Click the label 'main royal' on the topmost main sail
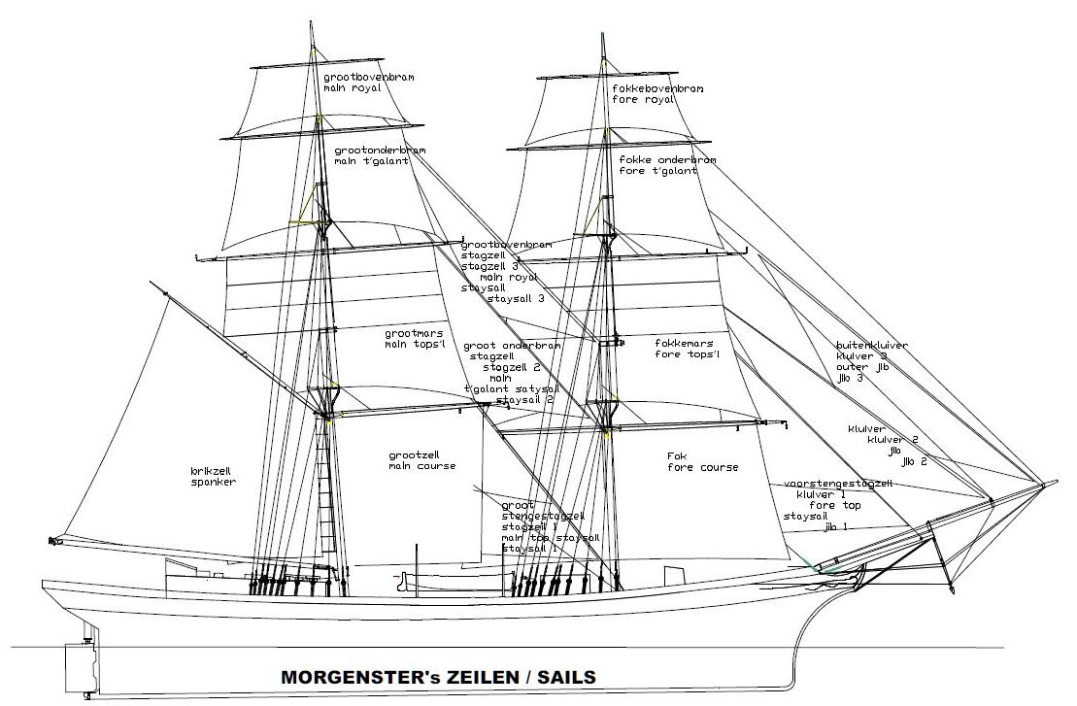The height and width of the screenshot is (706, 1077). (353, 86)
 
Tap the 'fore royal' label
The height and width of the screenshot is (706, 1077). (645, 99)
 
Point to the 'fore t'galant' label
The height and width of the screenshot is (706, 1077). (658, 171)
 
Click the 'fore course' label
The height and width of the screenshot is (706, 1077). (702, 467)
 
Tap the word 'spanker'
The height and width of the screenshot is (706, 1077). (214, 482)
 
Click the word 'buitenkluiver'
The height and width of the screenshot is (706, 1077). (873, 345)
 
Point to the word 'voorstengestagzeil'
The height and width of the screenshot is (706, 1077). (837, 483)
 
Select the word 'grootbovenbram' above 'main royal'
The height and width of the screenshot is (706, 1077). (365, 75)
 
